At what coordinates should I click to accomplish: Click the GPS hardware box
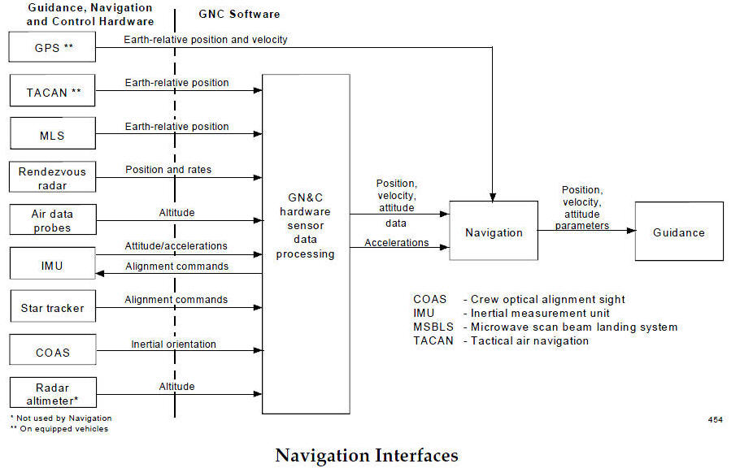click(x=52, y=47)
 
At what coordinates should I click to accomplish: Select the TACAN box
click(x=52, y=92)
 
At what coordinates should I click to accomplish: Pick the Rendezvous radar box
click(x=52, y=177)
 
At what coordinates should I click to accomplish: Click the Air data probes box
click(x=52, y=221)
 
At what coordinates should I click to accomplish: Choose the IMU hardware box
click(x=52, y=265)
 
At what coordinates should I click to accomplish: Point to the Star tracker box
click(x=52, y=308)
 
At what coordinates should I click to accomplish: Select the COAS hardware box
click(x=52, y=352)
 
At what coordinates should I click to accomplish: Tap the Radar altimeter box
click(x=52, y=393)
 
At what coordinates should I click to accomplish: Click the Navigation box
click(x=494, y=232)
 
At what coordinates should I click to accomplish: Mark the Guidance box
click(x=678, y=232)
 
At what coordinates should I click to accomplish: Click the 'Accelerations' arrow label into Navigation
click(x=396, y=242)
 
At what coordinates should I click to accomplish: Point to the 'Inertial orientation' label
click(x=174, y=344)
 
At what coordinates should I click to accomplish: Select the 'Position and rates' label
click(x=168, y=170)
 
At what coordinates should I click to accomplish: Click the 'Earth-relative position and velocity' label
click(x=206, y=39)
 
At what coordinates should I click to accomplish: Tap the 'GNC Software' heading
click(x=239, y=14)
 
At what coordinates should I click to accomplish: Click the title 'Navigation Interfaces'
click(x=367, y=454)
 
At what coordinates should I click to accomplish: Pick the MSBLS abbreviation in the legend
click(x=433, y=327)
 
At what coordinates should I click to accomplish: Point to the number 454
click(x=715, y=419)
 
